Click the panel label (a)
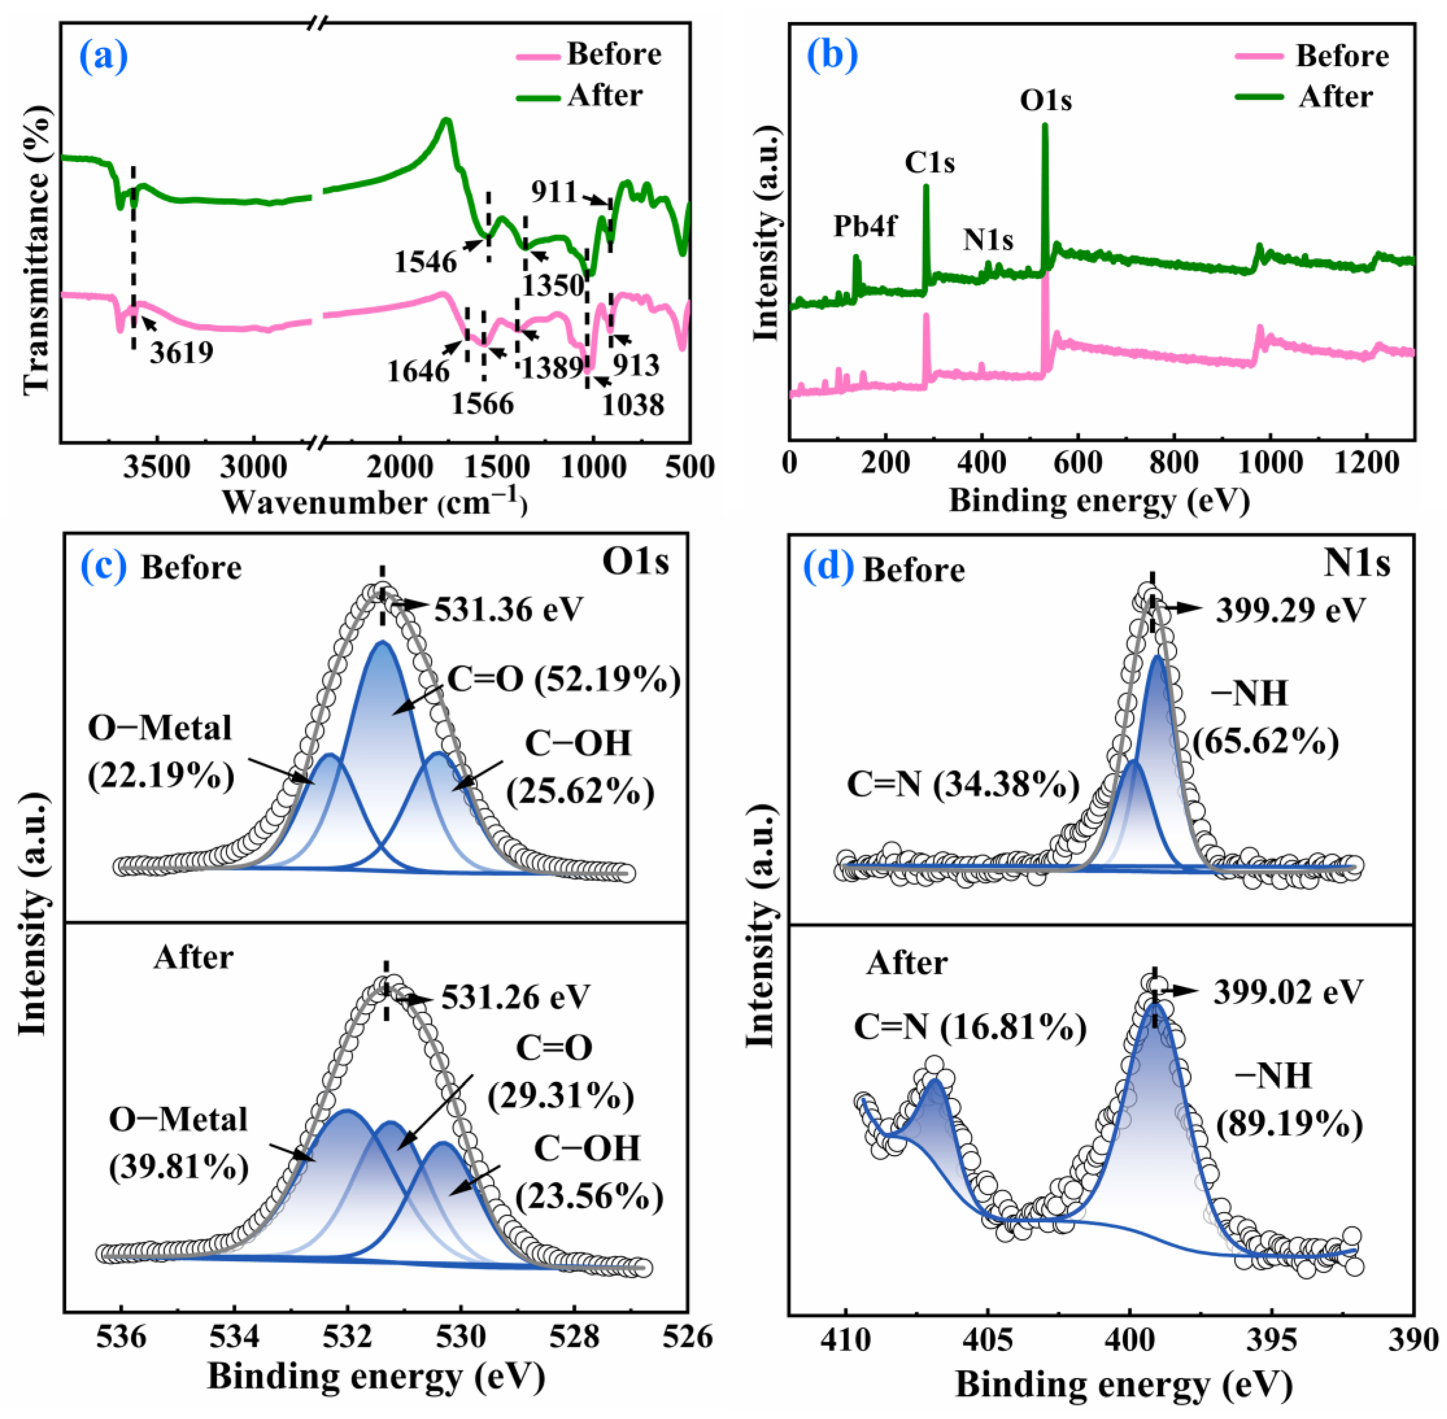(104, 57)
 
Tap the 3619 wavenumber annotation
(181, 352)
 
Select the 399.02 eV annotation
(1288, 992)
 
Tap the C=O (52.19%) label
(563, 679)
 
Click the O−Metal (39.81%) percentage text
(179, 1167)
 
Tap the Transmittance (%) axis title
(36, 250)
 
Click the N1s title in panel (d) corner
(1357, 564)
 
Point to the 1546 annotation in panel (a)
(426, 261)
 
